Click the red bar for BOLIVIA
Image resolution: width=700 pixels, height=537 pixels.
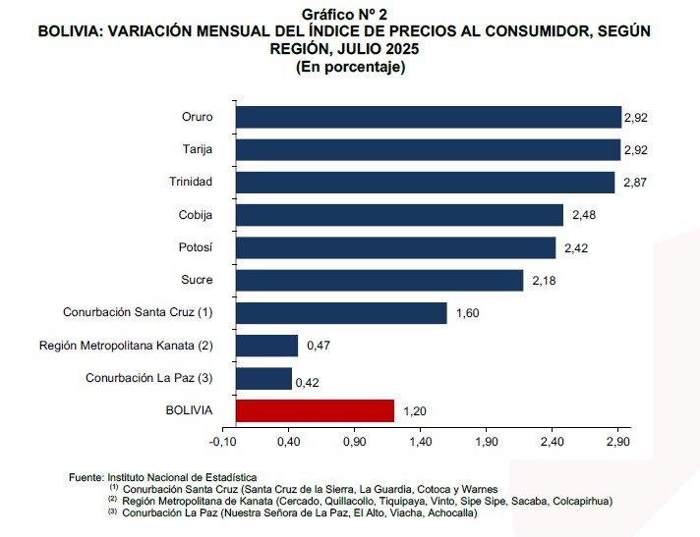[x=315, y=410]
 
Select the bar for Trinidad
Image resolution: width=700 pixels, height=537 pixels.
[x=425, y=182]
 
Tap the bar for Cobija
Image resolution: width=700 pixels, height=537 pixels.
[x=399, y=215]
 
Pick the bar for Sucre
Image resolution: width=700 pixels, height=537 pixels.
[x=379, y=280]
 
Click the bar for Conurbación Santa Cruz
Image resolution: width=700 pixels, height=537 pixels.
[x=341, y=313]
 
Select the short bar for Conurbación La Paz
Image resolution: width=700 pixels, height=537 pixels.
[x=263, y=378]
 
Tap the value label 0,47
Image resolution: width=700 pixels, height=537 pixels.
[x=318, y=346]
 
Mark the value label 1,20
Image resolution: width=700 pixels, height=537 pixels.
[x=415, y=411]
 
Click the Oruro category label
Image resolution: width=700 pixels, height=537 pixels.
[x=198, y=117]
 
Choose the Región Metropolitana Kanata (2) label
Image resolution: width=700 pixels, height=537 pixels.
[x=126, y=346]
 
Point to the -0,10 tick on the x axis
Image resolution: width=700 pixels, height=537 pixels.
[x=223, y=442]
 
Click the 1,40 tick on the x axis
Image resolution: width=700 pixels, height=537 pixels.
[x=420, y=442]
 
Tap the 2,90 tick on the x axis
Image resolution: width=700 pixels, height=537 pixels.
[x=617, y=442]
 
